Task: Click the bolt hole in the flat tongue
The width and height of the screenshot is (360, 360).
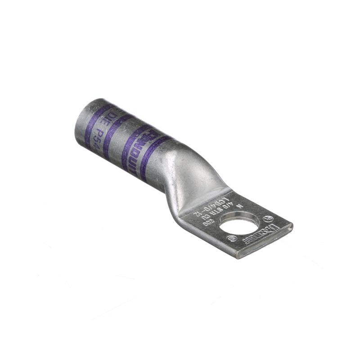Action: click(239, 223)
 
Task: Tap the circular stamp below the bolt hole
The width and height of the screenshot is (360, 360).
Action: click(233, 238)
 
